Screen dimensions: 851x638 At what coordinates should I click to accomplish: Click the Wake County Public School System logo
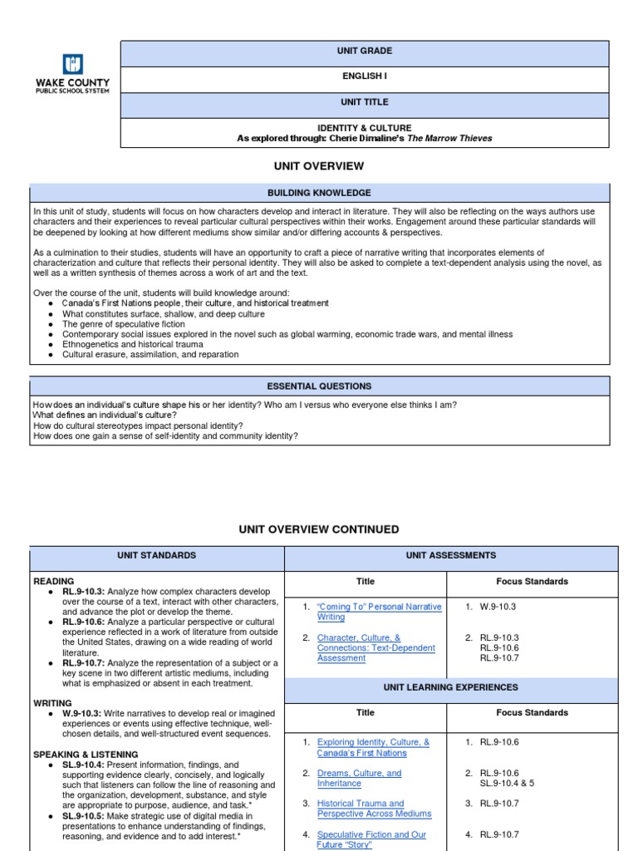(x=72, y=74)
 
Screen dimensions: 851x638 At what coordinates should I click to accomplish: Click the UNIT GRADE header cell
(x=365, y=51)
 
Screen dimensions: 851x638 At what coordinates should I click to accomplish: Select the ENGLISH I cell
(x=365, y=76)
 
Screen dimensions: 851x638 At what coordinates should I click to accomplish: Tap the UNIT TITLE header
(x=365, y=102)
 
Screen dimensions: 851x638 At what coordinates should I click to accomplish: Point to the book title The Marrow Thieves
(x=449, y=139)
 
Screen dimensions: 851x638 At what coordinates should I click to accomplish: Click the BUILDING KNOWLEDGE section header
(x=319, y=193)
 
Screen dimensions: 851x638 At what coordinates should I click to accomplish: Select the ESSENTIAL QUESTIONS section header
(x=319, y=386)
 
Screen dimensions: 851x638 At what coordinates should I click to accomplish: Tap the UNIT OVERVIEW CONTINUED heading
(x=319, y=529)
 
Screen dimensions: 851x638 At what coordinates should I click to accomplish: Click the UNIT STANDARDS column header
(x=156, y=555)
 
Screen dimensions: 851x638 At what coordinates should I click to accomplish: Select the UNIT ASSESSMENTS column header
(x=450, y=555)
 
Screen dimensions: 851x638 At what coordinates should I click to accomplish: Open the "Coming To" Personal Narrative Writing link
(x=379, y=612)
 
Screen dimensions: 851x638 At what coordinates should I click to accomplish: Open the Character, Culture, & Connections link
(x=375, y=647)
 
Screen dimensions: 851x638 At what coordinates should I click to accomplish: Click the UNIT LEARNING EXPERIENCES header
(x=450, y=688)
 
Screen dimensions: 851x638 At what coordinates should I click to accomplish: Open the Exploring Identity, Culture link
(x=373, y=748)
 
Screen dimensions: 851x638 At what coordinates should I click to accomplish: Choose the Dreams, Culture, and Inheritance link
(x=359, y=778)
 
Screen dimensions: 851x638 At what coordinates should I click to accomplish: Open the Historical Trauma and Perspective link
(x=364, y=809)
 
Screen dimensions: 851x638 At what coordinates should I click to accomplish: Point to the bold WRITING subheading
(x=52, y=703)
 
